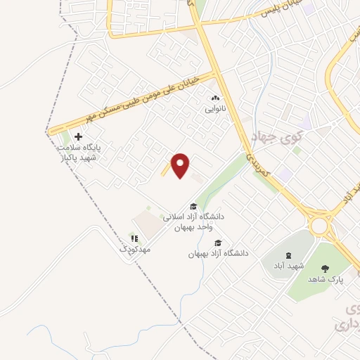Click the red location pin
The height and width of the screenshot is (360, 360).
(181, 165)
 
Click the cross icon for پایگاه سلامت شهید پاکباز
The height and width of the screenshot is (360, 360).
(78, 137)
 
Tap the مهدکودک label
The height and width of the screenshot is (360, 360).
(134, 250)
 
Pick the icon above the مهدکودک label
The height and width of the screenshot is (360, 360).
(134, 239)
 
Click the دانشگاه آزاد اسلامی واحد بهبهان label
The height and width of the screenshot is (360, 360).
(193, 222)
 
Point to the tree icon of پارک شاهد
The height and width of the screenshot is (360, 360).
(324, 268)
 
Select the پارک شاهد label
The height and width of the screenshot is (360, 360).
(324, 278)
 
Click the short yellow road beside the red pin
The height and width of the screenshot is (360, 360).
(167, 169)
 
